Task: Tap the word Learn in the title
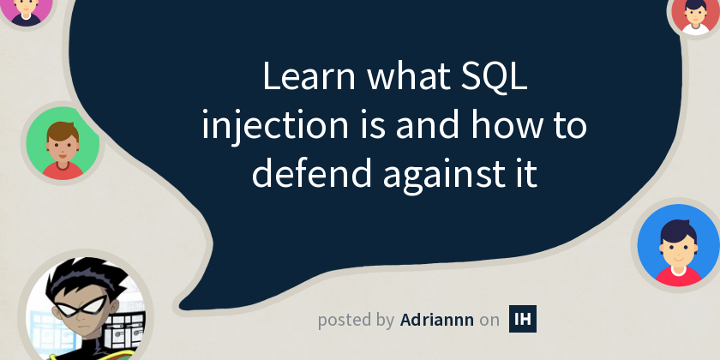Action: coord(309,76)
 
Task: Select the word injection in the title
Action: coord(275,126)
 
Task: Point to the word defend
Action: coord(311,173)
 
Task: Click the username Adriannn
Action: coord(436,320)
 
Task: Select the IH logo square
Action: coord(523,319)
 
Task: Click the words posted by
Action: coord(356,321)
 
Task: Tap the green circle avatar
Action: coord(63,143)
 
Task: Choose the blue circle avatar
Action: coord(679,245)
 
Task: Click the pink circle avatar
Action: coord(26,9)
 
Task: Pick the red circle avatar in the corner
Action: coord(696,14)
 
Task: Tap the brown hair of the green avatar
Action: coord(63,132)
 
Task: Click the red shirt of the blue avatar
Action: coord(679,276)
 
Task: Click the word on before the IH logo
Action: coord(489,321)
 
